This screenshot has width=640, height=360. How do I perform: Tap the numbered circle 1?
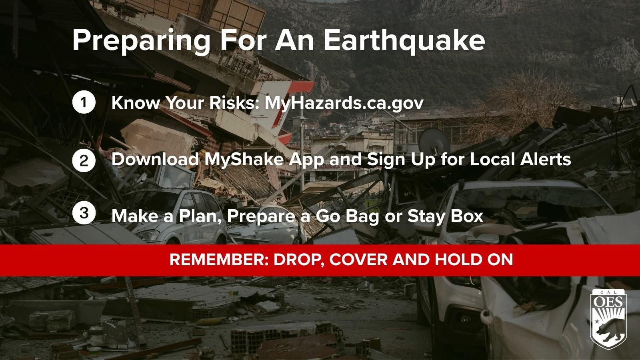(84, 103)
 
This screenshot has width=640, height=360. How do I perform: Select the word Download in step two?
(155, 159)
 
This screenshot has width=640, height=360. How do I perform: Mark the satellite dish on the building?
(434, 139)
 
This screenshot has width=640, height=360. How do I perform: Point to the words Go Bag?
(347, 216)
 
